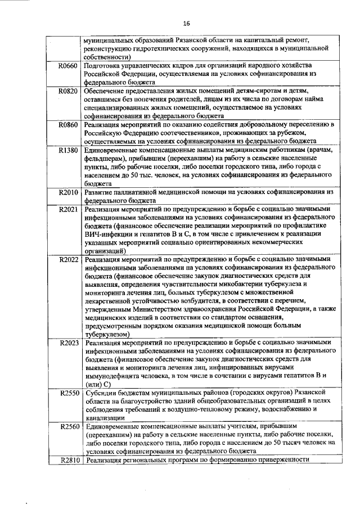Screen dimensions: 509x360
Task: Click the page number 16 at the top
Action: (x=186, y=23)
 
